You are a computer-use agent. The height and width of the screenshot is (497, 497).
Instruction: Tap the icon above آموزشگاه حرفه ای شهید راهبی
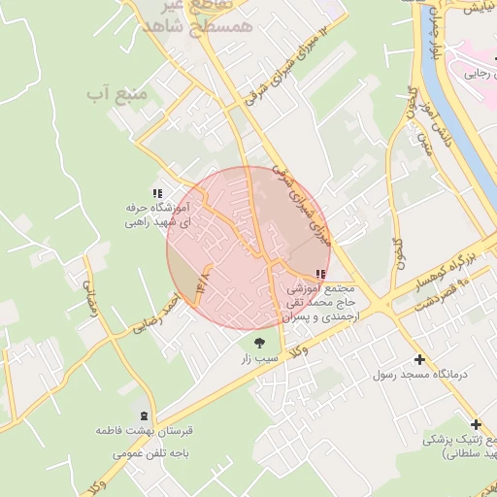pyautogui.click(x=158, y=192)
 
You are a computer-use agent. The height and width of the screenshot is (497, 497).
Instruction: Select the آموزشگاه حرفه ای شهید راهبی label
pyautogui.click(x=158, y=215)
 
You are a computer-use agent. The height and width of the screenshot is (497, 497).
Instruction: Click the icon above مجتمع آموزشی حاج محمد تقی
pyautogui.click(x=321, y=275)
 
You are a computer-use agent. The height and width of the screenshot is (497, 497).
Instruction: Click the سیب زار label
pyautogui.click(x=259, y=358)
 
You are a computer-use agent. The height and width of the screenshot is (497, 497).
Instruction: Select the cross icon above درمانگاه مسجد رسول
pyautogui.click(x=420, y=358)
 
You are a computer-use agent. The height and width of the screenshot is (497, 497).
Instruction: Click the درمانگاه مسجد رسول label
pyautogui.click(x=420, y=374)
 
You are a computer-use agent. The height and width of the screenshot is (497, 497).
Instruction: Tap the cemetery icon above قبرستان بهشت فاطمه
pyautogui.click(x=144, y=414)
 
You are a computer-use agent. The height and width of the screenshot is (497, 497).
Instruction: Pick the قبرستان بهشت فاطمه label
pyautogui.click(x=144, y=429)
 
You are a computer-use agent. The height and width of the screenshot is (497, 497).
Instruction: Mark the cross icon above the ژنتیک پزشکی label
pyautogui.click(x=476, y=424)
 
